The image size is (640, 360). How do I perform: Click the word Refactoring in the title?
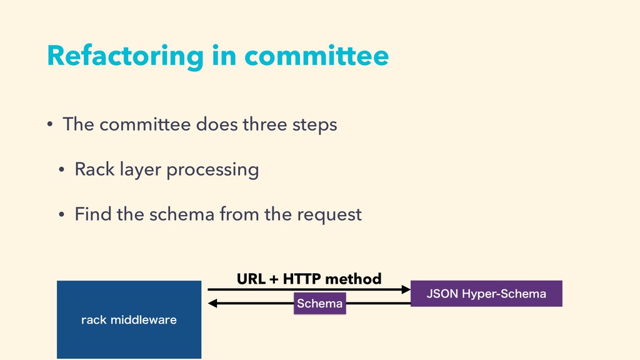pos(125,56)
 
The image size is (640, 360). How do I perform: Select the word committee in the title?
pos(317,56)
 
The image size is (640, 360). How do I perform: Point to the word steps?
pos(315,125)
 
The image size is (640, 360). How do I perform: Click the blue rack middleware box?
pos(129,319)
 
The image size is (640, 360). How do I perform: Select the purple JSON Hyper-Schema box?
pos(486,294)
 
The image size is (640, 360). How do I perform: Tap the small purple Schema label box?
pos(319,303)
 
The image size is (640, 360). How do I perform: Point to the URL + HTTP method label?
pos(309,279)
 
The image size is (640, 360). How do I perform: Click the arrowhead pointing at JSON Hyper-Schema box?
pos(406,289)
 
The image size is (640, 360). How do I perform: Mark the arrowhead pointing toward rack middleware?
pos(212,303)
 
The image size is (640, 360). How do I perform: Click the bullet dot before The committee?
pos(50,124)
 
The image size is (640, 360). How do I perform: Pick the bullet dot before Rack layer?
pos(62,169)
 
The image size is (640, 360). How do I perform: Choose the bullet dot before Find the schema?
pos(62,214)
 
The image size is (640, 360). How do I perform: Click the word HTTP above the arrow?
pos(302,279)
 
